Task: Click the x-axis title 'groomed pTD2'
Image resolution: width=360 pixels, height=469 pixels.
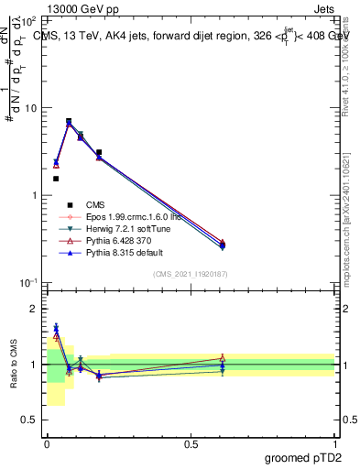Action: pos(304,457)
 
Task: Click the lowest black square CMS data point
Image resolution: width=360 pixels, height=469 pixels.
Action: pos(55,179)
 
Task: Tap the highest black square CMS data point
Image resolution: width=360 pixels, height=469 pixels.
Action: pos(69,121)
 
